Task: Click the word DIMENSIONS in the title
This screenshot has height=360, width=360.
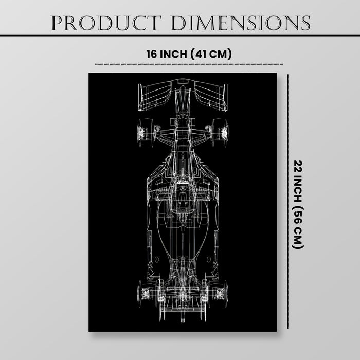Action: [240, 23]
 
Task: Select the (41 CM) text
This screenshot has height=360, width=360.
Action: [211, 54]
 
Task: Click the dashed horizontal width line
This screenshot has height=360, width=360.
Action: [189, 64]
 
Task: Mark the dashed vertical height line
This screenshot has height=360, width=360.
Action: [288, 202]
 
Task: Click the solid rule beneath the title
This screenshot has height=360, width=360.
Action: [180, 35]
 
